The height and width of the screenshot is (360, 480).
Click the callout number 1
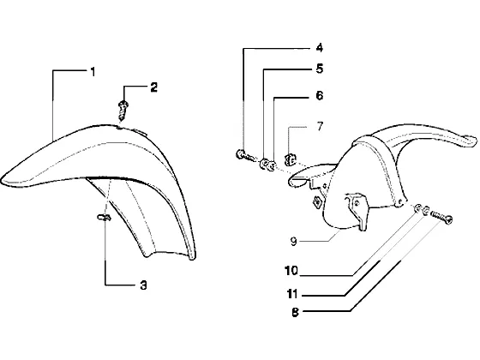coord(93,72)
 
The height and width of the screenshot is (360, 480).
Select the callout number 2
coord(153,87)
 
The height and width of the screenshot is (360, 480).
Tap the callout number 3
coord(143,285)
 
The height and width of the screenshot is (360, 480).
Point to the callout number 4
coord(319,48)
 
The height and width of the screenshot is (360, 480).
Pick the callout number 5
coord(320,69)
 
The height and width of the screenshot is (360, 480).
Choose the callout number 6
coord(319,95)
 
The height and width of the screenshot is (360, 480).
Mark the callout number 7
coord(320,126)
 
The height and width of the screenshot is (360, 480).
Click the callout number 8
coord(295,313)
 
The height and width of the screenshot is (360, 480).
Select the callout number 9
coord(293,242)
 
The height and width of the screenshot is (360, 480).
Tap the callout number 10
coord(291,271)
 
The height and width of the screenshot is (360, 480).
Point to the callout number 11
coord(292,294)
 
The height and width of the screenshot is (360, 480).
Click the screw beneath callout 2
coord(123,111)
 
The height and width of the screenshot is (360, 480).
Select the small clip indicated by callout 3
coord(104,218)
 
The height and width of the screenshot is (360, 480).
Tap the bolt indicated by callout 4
coord(245,155)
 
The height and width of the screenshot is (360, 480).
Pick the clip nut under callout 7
coord(291,159)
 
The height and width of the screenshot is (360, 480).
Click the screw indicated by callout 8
coord(441,217)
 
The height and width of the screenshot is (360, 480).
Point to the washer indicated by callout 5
coord(264,164)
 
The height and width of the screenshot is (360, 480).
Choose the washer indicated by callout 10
coord(417,208)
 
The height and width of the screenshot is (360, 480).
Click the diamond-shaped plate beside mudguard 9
coord(316,202)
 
